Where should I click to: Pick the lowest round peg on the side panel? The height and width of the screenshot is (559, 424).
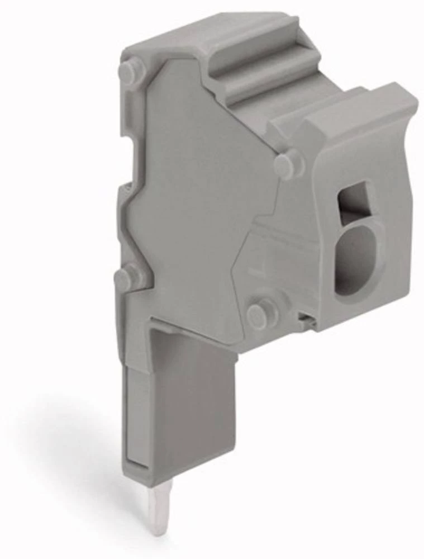pyautogui.click(x=263, y=315)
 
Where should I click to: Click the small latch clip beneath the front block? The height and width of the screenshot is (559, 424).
pyautogui.click(x=305, y=320)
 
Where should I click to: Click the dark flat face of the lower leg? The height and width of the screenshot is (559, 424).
pyautogui.click(x=190, y=402)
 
